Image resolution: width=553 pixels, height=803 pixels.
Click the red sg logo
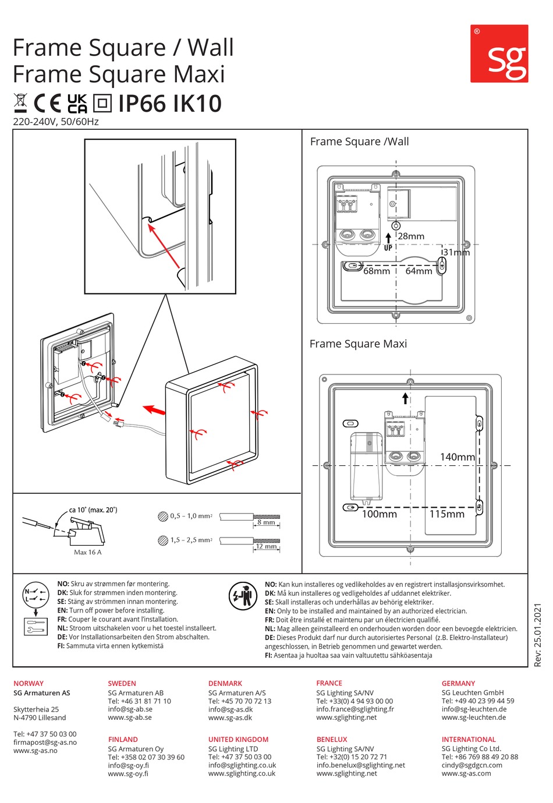click(499, 54)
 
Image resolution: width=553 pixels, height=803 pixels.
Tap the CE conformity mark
click(47, 103)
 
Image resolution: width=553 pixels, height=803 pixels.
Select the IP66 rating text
click(142, 104)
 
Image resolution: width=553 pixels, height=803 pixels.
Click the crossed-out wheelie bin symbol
click(20, 103)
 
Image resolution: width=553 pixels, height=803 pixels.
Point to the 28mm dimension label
click(411, 236)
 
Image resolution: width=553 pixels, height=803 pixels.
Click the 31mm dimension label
click(456, 252)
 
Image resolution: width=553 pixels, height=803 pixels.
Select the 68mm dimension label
click(377, 271)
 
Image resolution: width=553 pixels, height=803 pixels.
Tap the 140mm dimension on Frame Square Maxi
click(458, 457)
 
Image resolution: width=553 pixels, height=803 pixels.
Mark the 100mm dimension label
click(380, 514)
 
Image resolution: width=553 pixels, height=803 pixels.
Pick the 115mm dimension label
click(447, 514)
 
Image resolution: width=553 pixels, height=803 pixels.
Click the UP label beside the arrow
click(388, 248)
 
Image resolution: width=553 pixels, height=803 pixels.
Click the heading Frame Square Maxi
click(358, 344)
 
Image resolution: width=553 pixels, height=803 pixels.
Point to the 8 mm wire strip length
click(266, 522)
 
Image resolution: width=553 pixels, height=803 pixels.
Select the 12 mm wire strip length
click(267, 546)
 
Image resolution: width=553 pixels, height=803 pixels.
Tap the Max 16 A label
click(87, 552)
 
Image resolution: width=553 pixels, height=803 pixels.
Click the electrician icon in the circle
click(243, 596)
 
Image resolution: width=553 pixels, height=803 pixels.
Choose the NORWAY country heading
click(29, 683)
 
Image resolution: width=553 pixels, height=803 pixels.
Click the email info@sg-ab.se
click(130, 709)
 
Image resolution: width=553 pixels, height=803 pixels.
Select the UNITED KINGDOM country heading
click(238, 739)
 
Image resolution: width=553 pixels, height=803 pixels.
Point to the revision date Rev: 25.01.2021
click(537, 635)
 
